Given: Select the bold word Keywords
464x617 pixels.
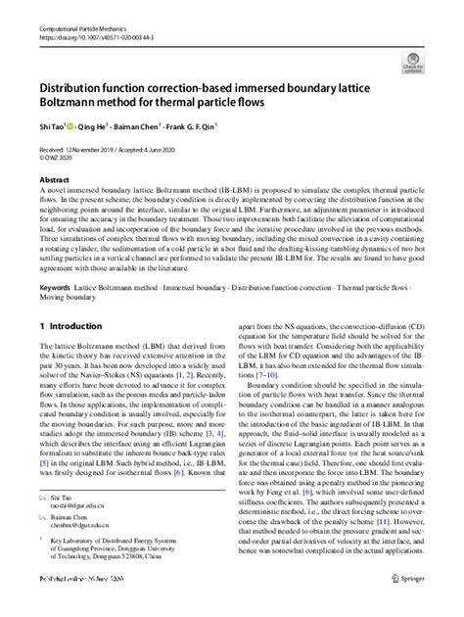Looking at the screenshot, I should [57, 288].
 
